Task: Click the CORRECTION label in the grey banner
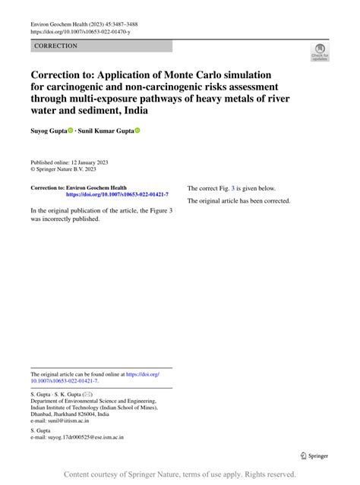pos(55,46)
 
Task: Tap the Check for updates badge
pos(320,52)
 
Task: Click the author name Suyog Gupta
pos(48,131)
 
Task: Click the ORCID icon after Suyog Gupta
pos(71,131)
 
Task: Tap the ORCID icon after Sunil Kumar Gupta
pos(138,131)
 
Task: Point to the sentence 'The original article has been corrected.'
pos(238,201)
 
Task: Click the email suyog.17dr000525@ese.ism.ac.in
pos(87,438)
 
